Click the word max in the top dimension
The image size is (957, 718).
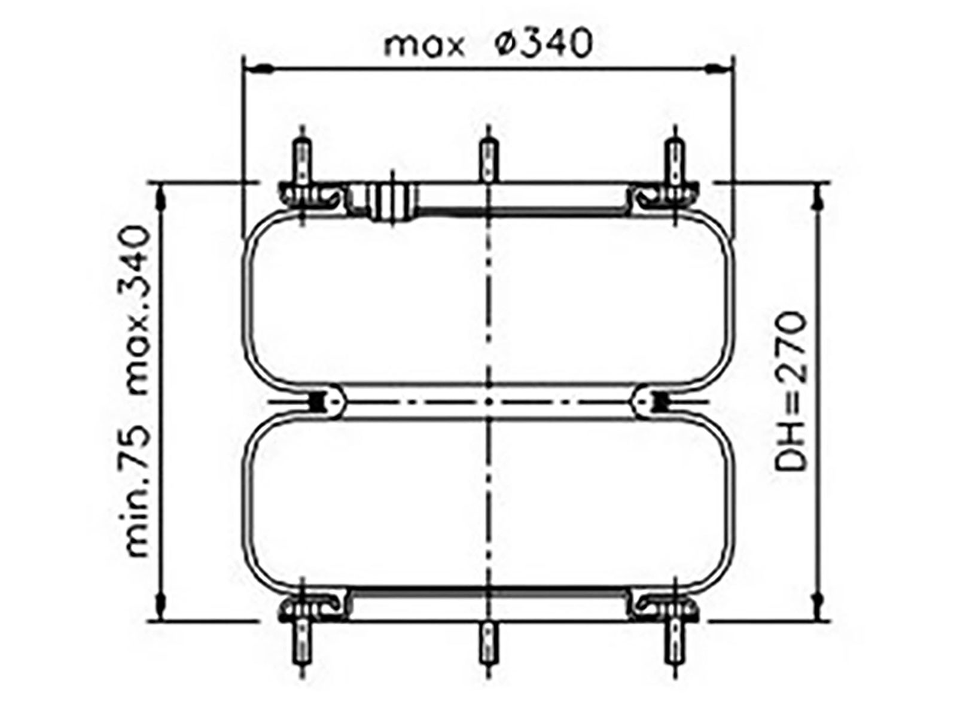423,45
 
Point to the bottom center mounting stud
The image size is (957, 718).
489,643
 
